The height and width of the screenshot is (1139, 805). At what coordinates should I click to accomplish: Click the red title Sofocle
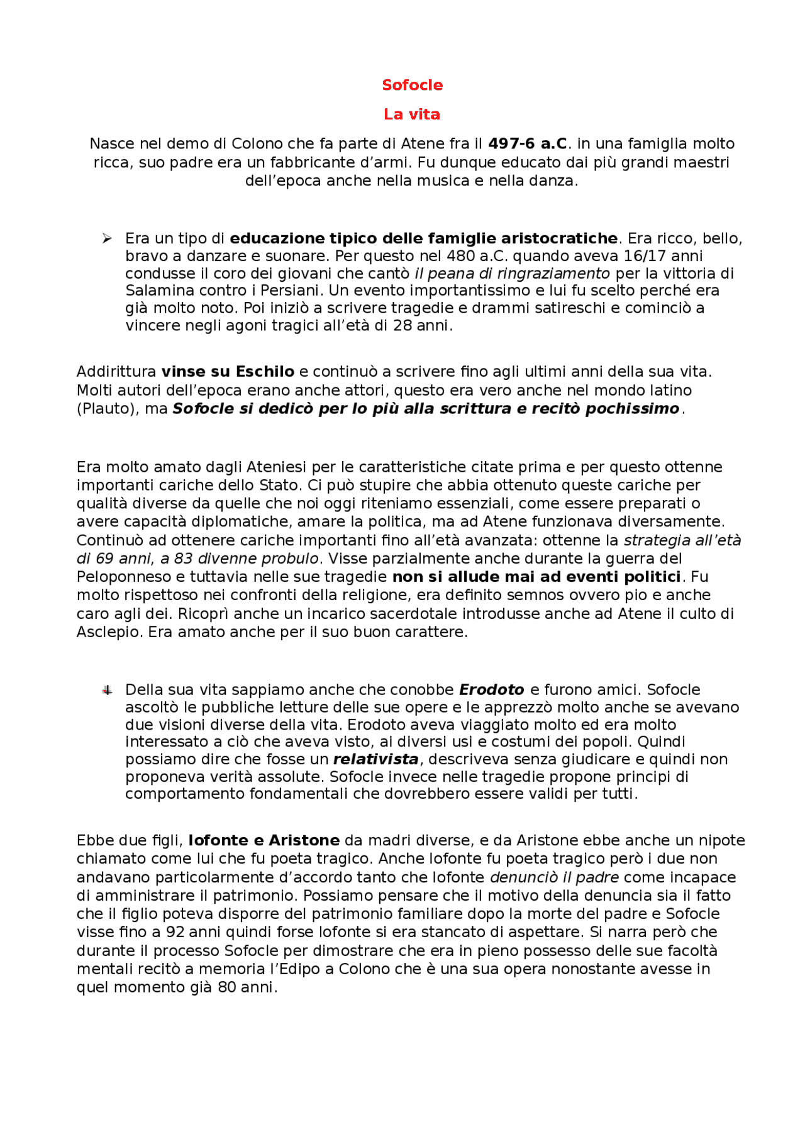point(412,85)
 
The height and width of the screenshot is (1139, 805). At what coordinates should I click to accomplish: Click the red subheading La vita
point(411,114)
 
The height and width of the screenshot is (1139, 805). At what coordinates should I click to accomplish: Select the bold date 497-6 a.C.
point(528,144)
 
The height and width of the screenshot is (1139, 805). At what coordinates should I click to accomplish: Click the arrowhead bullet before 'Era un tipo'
point(108,238)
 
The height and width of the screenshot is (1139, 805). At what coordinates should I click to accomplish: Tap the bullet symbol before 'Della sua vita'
point(108,691)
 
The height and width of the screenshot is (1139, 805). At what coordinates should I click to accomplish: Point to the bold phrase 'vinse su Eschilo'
point(228,372)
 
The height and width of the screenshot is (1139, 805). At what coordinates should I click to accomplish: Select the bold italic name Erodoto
point(491,690)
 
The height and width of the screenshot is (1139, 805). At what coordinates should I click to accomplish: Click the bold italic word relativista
point(375,759)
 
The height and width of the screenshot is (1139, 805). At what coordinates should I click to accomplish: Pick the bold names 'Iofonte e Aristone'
point(264,841)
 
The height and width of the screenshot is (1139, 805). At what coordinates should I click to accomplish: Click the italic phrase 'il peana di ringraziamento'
point(512,274)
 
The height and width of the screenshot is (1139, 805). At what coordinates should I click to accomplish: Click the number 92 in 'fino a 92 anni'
point(175,932)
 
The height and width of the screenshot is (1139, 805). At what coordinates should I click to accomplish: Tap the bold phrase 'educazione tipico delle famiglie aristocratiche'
point(423,238)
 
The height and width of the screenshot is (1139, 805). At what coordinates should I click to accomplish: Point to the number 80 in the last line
point(226,987)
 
